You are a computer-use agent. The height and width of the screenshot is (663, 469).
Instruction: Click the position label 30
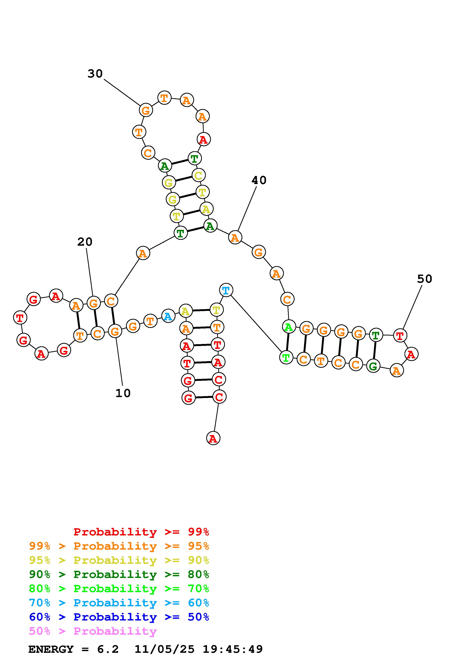pos(95,74)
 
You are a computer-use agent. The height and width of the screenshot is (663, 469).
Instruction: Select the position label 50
pos(425,279)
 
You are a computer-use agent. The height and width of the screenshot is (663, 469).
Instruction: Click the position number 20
pos(85,242)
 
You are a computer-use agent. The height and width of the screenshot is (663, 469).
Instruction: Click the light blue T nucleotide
pos(226,290)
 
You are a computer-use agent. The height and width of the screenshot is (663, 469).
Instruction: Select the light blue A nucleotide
pos(168,316)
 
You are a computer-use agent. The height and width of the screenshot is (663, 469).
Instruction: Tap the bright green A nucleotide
pos(288,327)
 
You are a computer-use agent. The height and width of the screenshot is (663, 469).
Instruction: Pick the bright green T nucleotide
pos(286,358)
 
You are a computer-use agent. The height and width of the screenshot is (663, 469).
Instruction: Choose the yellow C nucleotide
pos(198,175)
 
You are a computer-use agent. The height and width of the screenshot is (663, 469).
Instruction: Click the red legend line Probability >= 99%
pos(141,532)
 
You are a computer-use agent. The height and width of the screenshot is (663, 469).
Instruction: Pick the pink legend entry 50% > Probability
pos(93,631)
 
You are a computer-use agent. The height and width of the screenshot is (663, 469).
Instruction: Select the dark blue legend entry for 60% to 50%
pos(119,617)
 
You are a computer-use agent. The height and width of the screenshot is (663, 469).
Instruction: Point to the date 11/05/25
pos(164,649)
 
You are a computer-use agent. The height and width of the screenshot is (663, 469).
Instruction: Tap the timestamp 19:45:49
pos(233,649)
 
